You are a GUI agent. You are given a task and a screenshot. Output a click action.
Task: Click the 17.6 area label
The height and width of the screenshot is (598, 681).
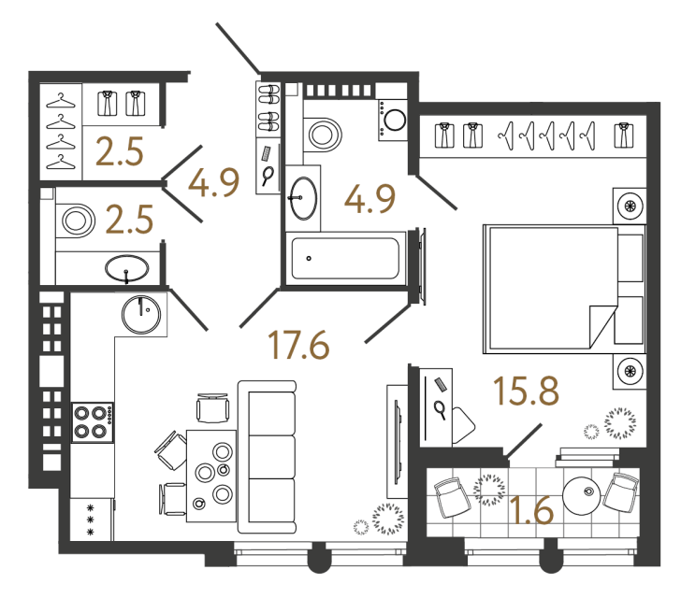298,345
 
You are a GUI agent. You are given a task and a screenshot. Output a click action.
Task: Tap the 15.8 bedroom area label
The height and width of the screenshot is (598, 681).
526,391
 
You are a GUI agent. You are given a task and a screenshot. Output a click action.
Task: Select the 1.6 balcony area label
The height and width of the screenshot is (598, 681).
532,510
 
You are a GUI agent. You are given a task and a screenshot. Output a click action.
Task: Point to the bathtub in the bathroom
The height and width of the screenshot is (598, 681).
345,258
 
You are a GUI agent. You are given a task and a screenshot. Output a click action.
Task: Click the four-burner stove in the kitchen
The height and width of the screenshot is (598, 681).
93,422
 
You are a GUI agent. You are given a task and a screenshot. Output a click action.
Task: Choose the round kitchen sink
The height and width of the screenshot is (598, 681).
141,314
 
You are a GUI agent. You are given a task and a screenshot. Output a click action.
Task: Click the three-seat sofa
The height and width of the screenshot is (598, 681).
268,457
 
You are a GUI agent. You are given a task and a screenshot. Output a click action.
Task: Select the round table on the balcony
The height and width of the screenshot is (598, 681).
582,495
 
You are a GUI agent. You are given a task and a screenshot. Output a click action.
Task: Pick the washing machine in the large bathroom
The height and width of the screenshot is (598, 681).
393,120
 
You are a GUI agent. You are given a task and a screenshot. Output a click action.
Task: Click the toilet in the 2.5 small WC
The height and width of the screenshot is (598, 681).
76,221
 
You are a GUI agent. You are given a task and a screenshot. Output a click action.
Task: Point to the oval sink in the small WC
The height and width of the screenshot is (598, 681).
127,268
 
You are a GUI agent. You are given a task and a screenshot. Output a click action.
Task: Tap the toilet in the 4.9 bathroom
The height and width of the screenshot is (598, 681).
322,135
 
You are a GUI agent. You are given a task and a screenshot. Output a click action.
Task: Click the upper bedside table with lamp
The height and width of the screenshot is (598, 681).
630,206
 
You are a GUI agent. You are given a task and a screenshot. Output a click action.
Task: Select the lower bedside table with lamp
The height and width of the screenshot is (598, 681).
630,372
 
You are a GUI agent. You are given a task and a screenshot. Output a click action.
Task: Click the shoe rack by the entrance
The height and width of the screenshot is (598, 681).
268,109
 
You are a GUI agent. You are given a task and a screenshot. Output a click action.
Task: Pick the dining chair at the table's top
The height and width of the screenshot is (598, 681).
213,408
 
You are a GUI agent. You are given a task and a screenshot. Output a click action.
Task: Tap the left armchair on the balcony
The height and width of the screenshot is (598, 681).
453,497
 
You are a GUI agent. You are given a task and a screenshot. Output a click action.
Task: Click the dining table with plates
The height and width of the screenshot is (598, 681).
211,476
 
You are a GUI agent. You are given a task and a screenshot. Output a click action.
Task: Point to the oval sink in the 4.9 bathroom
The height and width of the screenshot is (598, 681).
303,198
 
